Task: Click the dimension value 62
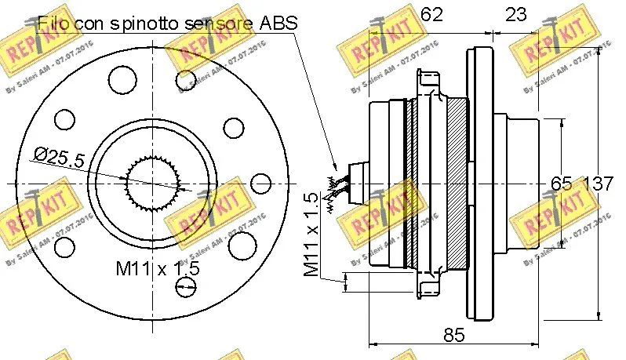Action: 432,13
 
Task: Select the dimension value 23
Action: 515,13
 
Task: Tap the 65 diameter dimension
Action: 561,184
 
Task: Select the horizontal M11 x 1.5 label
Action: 158,268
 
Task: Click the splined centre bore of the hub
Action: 155,183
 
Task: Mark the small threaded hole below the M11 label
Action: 186,291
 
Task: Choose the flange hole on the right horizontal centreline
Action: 260,184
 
